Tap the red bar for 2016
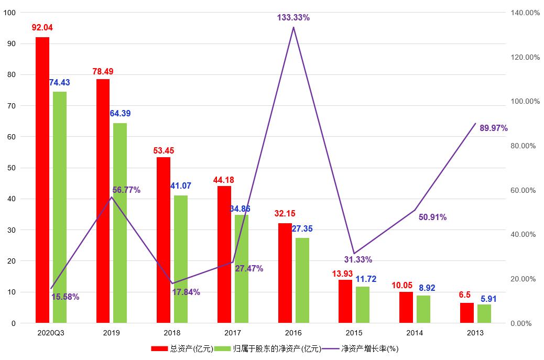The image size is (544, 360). pyautogui.click(x=285, y=273)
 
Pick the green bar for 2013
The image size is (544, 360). pyautogui.click(x=484, y=313)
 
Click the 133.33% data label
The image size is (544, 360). pyautogui.click(x=293, y=17)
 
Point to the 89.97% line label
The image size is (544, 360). pyautogui.click(x=494, y=128)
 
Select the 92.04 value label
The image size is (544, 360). pyautogui.click(x=42, y=27)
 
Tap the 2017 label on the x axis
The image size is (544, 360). pyautogui.click(x=233, y=333)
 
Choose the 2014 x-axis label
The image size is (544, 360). pyautogui.click(x=415, y=333)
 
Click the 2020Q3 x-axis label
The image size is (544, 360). pyautogui.click(x=51, y=333)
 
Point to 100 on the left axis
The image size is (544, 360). pyautogui.click(x=10, y=13)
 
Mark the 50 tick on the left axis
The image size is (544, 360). pyautogui.click(x=12, y=168)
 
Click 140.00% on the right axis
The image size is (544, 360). pyautogui.click(x=525, y=13)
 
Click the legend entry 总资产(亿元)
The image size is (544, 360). pyautogui.click(x=181, y=348)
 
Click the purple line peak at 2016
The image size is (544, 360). pyautogui.click(x=293, y=27)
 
